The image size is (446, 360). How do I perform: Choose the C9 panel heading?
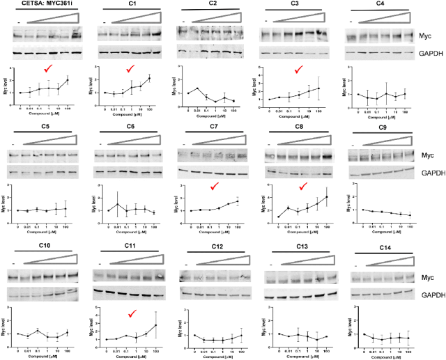(383, 128)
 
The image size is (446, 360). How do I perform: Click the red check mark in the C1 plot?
(132, 68)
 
